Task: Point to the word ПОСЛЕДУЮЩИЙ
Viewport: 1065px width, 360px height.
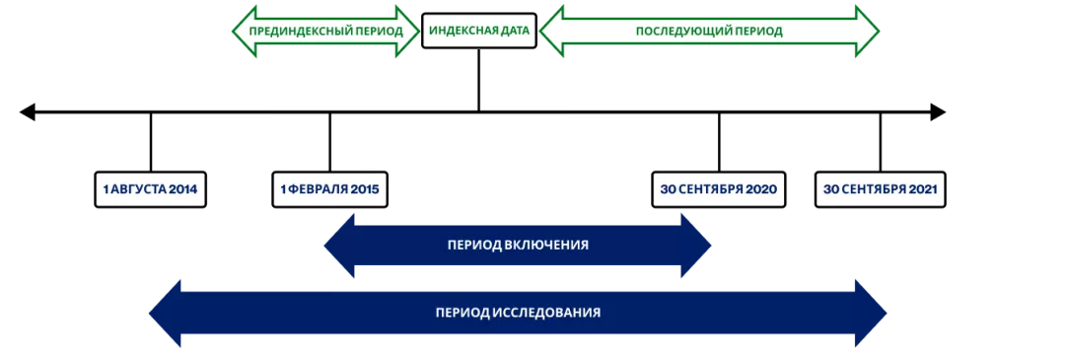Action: tap(679, 31)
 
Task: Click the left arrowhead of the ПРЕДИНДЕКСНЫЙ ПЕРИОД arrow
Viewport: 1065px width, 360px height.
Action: tap(243, 31)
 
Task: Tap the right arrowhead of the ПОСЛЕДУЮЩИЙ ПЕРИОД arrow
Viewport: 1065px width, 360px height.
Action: tap(867, 31)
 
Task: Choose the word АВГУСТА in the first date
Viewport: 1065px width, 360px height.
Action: tap(138, 189)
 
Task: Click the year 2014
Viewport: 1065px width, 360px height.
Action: tap(182, 189)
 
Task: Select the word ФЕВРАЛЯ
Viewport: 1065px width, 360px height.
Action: tap(319, 189)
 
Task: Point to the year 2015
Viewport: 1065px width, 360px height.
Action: tap(365, 189)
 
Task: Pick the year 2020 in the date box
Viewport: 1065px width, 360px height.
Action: tap(761, 189)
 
